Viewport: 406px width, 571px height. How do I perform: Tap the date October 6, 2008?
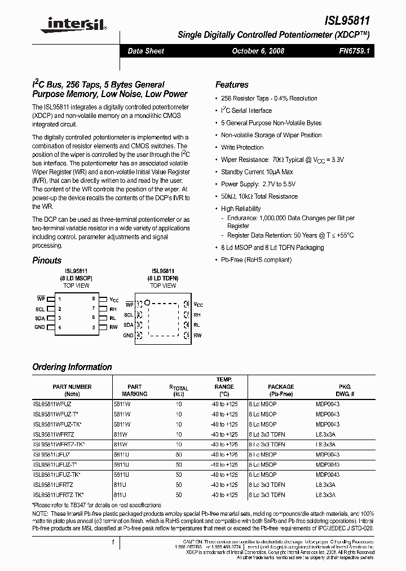tap(258, 51)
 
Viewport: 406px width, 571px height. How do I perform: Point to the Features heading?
tap(232, 85)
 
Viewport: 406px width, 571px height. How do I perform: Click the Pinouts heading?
tap(47, 261)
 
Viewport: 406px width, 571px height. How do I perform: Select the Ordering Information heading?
tap(72, 367)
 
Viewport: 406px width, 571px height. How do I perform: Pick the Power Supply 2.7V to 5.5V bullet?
tap(258, 184)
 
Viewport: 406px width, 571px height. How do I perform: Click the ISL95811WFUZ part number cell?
tap(52, 404)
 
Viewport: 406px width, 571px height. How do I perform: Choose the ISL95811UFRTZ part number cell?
tap(54, 485)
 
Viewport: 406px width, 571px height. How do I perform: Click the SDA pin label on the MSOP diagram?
tap(39, 318)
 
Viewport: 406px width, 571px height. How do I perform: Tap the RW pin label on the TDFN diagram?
tap(197, 335)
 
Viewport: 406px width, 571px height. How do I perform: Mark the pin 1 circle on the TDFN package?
tap(148, 302)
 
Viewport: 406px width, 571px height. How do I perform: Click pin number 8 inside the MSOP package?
tap(94, 298)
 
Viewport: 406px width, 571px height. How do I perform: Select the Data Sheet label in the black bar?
tap(146, 51)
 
